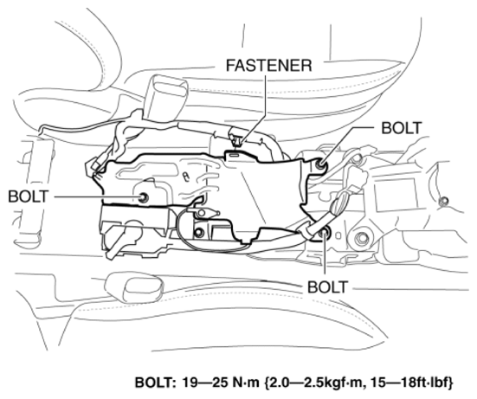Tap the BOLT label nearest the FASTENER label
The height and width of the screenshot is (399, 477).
pos(402,126)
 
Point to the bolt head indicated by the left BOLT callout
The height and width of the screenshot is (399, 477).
pos(144,198)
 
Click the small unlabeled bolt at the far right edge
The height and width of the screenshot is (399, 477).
pos(444,203)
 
